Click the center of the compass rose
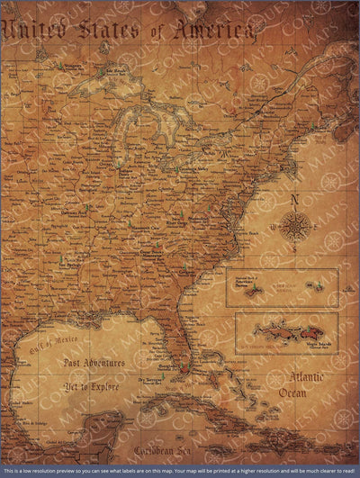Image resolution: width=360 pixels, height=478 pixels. (x=295, y=225)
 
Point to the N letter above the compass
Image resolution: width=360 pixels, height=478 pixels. (x=294, y=200)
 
